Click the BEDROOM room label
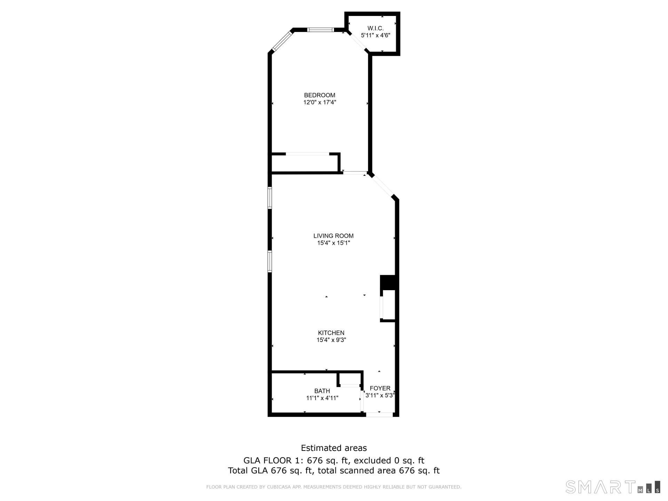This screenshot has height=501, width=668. (319, 95)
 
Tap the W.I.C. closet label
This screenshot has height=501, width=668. (375, 28)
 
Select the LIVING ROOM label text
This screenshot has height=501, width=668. (333, 236)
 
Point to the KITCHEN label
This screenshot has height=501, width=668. (331, 333)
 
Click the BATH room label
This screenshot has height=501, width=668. (322, 391)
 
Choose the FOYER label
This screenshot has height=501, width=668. (380, 388)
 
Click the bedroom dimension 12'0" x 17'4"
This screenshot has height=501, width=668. (319, 102)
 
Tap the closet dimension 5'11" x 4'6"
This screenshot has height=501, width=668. (375, 35)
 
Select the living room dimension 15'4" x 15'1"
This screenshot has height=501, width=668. (333, 243)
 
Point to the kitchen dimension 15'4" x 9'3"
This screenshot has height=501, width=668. (331, 340)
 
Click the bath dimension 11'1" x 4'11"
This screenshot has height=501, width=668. (322, 398)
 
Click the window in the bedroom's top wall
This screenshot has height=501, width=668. (320, 30)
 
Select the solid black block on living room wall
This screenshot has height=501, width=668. (388, 282)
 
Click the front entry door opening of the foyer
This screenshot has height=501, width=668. (379, 414)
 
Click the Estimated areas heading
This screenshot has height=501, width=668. (334, 448)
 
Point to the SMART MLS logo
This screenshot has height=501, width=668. (612, 487)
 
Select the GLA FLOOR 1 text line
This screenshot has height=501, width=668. (334, 460)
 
